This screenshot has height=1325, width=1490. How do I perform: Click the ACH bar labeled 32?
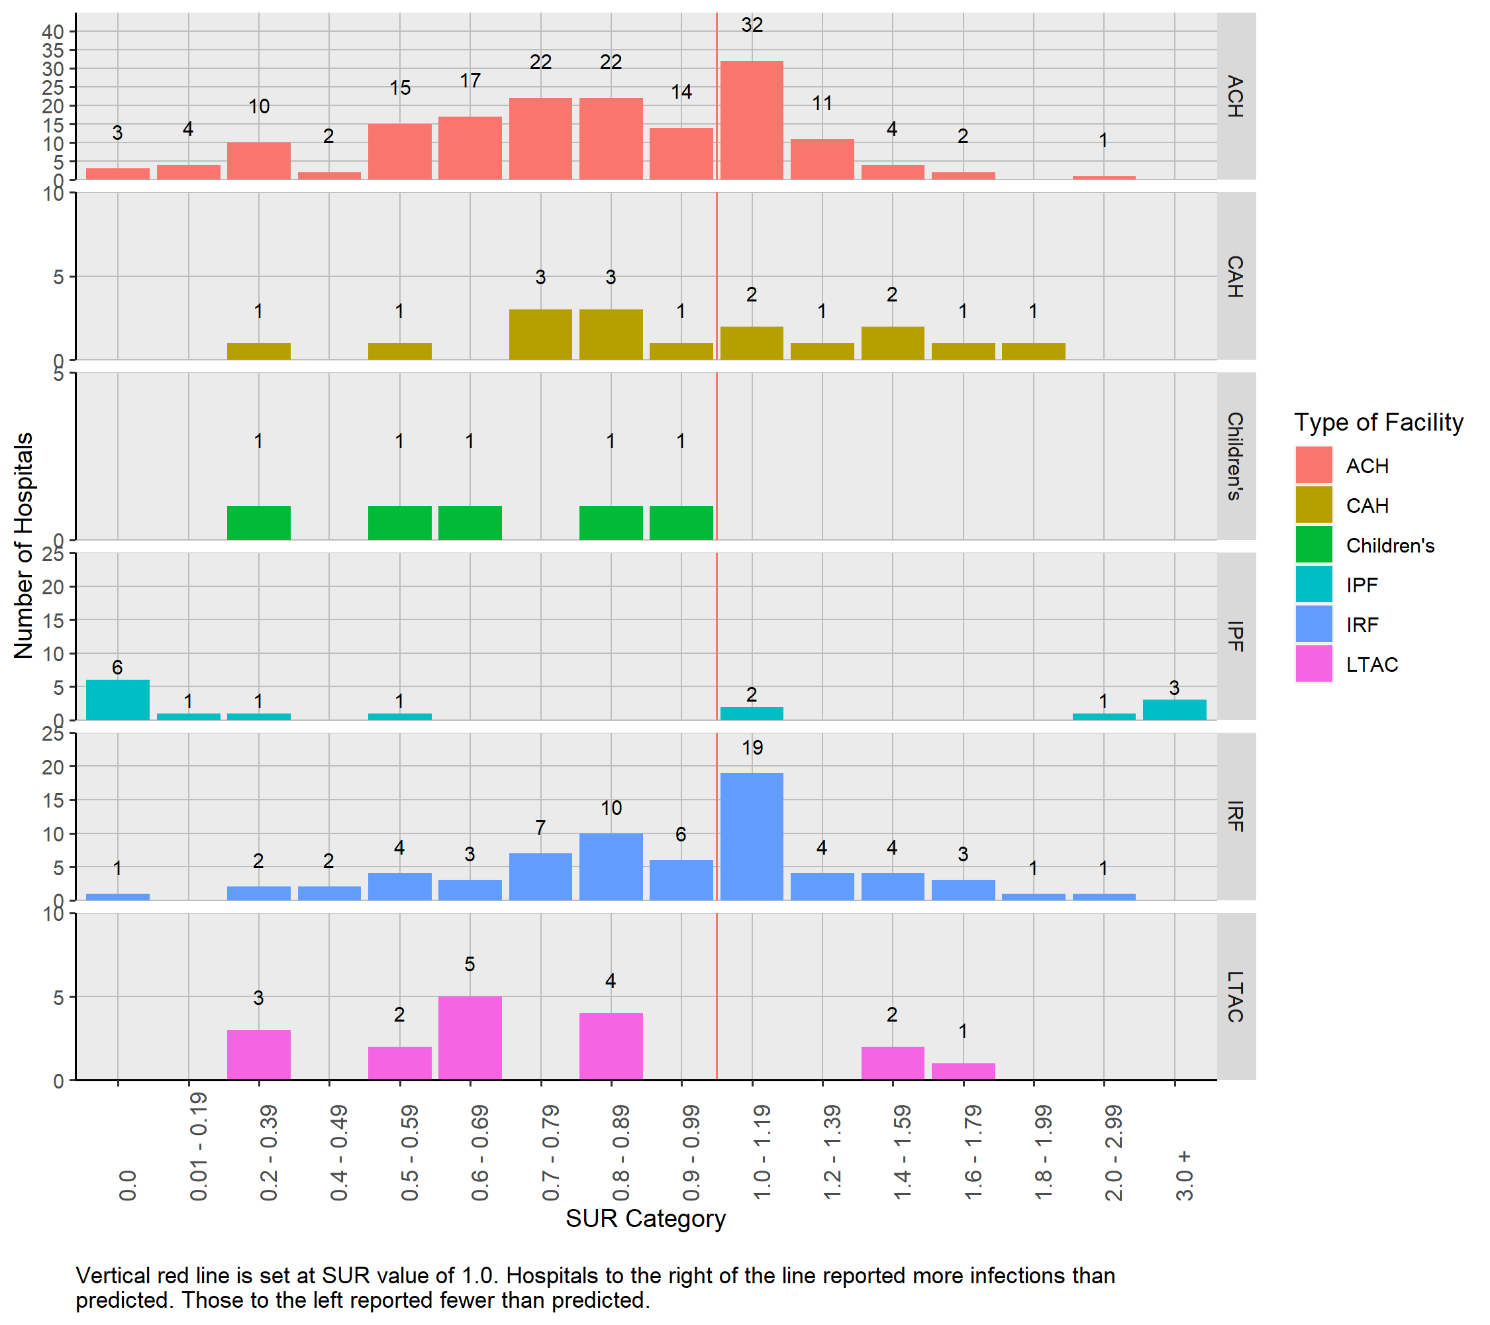coord(752,121)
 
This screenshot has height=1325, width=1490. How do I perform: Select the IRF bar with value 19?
coord(752,837)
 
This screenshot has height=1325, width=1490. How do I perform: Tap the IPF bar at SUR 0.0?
coord(117,700)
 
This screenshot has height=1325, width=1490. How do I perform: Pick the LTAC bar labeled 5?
coord(470,1037)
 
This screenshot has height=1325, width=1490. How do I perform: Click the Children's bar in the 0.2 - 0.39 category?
coord(259,523)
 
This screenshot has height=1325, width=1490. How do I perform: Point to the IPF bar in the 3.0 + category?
coord(1174,710)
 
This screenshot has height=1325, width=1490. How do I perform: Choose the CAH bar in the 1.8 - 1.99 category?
coord(1033,352)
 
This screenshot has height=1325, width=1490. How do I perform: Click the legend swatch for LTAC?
coord(1314,664)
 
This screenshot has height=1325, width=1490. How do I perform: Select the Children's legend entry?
coord(1389,545)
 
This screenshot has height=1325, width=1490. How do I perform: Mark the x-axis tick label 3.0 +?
coord(1185,1175)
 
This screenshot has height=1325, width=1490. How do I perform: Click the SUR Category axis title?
coord(645,1219)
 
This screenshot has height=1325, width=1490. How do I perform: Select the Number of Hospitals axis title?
coord(24,545)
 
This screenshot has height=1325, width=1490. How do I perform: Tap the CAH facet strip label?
coord(1235,276)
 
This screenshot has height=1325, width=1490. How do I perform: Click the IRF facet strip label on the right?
coord(1235,816)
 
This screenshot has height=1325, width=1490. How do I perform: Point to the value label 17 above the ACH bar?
coord(470,80)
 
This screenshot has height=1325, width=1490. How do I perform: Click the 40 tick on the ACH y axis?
coord(52,31)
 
